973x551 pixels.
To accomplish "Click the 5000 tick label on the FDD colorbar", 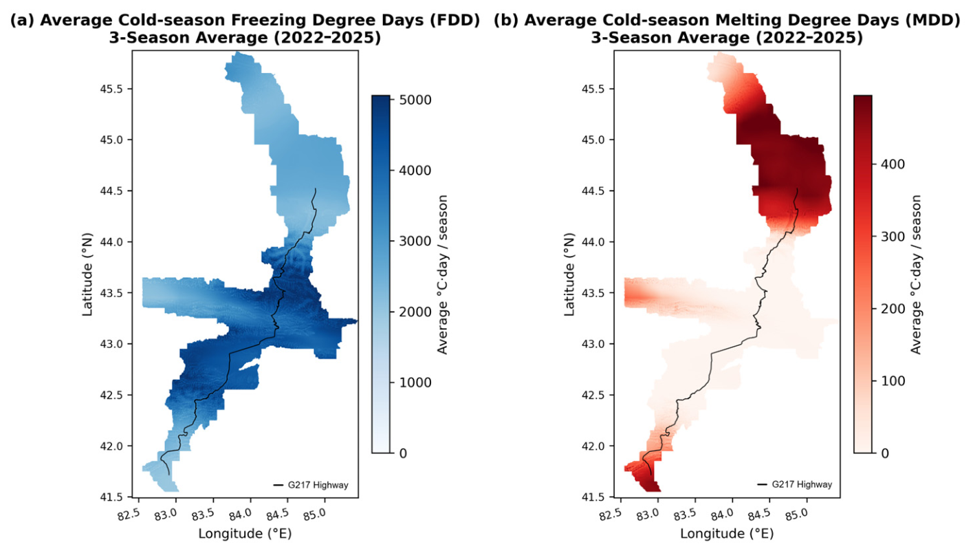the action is pyautogui.click(x=415, y=100).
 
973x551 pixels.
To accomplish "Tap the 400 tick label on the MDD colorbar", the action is pyautogui.click(x=893, y=164).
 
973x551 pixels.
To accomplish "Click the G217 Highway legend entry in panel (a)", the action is pyautogui.click(x=311, y=485).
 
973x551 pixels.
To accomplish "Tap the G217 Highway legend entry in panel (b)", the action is pyautogui.click(x=795, y=484).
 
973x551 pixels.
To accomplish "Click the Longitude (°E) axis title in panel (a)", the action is pyautogui.click(x=245, y=534).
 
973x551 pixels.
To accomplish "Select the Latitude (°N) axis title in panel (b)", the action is pyautogui.click(x=569, y=274).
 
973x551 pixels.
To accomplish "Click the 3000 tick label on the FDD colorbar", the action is pyautogui.click(x=415, y=241).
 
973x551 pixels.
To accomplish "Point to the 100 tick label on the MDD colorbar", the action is pyautogui.click(x=893, y=381).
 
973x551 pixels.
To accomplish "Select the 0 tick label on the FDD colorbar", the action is pyautogui.click(x=403, y=453).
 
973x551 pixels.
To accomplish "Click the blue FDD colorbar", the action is pyautogui.click(x=380, y=274).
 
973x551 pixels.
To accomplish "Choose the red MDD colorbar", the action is pyautogui.click(x=863, y=274).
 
